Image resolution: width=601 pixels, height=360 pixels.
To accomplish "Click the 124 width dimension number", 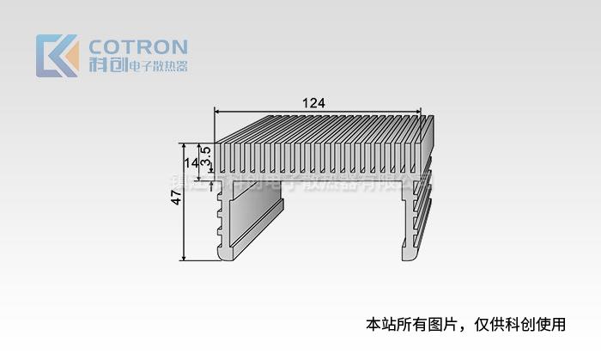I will pos(314,102).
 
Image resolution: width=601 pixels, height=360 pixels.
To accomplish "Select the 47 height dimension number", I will pos(176,197).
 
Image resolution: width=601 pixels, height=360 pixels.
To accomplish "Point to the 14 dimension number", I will pos(191,161).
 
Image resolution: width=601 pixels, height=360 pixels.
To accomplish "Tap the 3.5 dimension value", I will pos(206,156).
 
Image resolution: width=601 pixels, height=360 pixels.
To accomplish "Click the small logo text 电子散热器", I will pos(156,67).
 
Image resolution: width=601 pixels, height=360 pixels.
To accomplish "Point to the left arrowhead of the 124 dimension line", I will pos(217,111).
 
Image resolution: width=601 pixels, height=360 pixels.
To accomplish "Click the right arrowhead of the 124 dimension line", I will pos(420,111).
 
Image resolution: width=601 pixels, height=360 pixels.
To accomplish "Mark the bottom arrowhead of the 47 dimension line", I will pos(184,257).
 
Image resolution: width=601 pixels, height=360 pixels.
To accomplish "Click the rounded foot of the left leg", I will pos(228,253).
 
